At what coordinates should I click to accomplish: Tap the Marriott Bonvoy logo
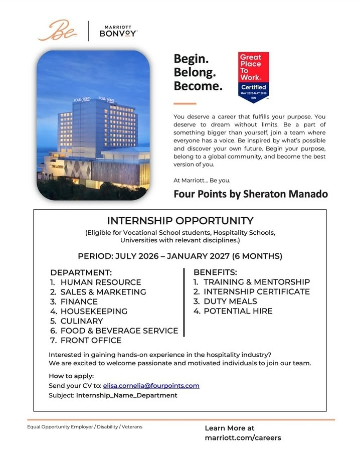[119, 31]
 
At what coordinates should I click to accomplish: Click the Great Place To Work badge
[253, 75]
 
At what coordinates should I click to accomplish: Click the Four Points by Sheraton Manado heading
[251, 194]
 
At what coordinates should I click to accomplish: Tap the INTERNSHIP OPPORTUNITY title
[181, 221]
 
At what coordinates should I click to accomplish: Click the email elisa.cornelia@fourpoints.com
[151, 386]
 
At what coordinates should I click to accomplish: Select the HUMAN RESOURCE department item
[100, 282]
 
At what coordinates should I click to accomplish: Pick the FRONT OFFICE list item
[91, 341]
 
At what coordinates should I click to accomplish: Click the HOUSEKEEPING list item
[94, 312]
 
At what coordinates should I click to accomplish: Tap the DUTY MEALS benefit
[230, 301]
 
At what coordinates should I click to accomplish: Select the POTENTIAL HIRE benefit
[238, 311]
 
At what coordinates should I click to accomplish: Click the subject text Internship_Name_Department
[126, 395]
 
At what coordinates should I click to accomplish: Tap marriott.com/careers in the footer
[243, 437]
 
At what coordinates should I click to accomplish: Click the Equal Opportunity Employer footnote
[85, 427]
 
